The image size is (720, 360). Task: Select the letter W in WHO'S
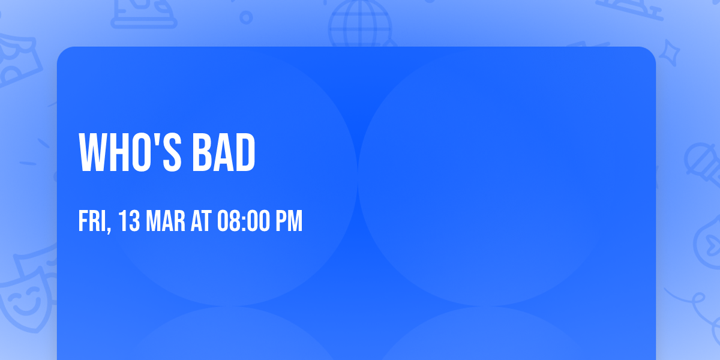pos(93,153)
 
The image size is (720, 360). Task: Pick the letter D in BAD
pos(245,153)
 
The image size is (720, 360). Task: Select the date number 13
pos(129,221)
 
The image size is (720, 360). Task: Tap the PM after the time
pos(289,221)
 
